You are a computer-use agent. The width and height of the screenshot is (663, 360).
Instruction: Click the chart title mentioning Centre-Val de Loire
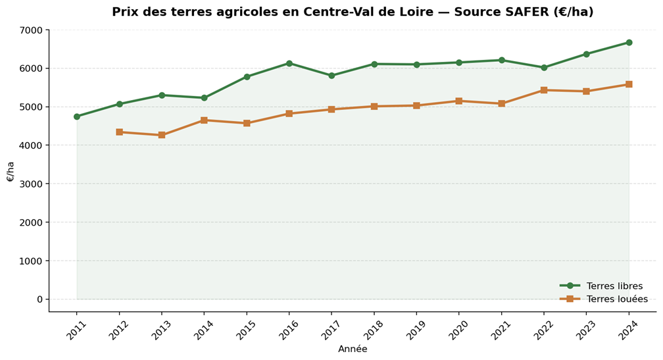353,12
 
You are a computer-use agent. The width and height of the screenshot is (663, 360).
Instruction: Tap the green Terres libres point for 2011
77,116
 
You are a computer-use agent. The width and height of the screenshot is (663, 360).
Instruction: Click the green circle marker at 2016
289,63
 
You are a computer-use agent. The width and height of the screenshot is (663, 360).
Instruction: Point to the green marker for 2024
629,43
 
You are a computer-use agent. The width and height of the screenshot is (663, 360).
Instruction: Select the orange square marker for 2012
119,132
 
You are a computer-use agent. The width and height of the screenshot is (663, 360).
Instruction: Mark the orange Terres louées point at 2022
544,90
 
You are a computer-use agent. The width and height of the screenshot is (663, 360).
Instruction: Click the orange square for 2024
629,84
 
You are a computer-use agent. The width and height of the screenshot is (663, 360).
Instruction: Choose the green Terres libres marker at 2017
331,76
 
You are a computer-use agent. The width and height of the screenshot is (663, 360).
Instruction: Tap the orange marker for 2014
204,120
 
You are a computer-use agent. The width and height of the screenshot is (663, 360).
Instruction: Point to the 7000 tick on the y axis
31,30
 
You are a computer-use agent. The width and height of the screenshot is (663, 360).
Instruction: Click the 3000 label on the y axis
31,184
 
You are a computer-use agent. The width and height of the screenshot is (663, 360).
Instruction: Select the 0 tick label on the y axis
39,299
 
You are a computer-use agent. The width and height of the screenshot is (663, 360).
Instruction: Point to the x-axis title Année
353,349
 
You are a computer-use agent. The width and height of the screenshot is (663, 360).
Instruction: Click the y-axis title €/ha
11,172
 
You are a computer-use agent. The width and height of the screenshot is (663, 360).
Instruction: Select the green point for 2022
544,68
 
